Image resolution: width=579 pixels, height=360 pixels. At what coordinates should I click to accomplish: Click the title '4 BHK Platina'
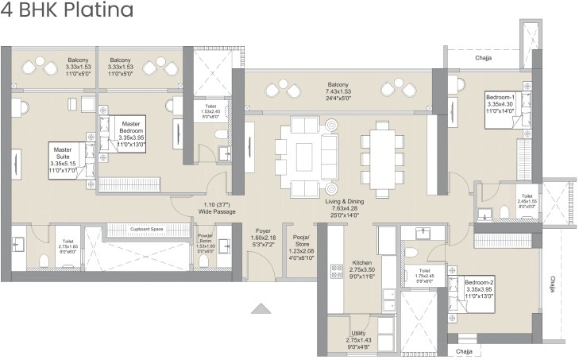pos(67,10)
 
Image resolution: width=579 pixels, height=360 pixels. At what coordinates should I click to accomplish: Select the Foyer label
pos(264,238)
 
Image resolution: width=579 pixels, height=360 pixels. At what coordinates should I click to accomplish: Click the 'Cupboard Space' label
pos(146,228)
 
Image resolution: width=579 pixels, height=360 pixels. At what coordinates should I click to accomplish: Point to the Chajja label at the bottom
pos(464,350)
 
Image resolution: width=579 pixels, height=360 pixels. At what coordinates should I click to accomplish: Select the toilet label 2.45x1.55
pos(527,199)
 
